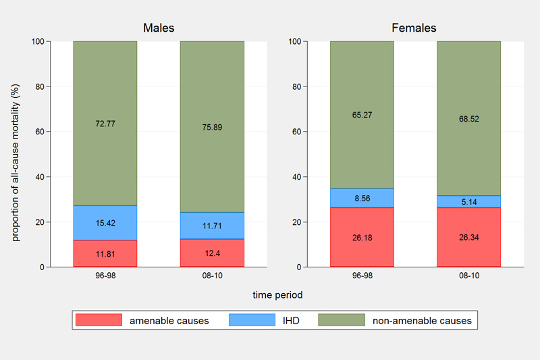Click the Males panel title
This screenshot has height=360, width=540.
(159, 28)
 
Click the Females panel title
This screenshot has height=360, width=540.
(414, 28)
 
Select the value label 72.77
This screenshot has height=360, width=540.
(105, 124)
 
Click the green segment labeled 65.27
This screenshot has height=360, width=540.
(362, 115)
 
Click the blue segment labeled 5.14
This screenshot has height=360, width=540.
(468, 201)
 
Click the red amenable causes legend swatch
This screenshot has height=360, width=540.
(99, 320)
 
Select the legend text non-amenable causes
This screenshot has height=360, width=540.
(422, 321)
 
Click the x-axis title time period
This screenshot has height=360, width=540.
(277, 295)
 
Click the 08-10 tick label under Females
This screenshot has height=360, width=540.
(468, 277)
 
